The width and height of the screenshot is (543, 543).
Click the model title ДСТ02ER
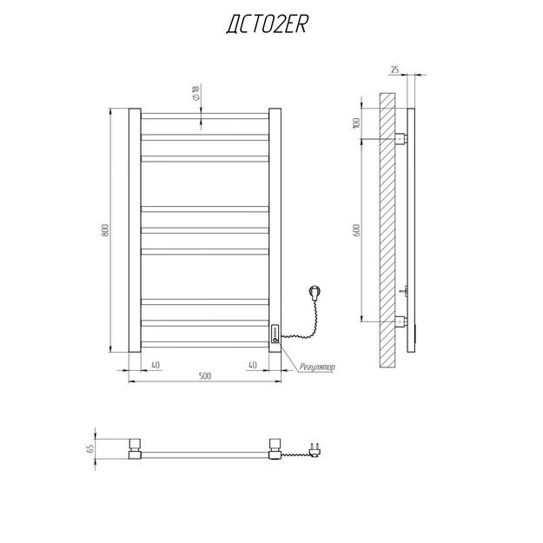(267, 25)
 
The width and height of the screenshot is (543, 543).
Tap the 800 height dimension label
(105, 230)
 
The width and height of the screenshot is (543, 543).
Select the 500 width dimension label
(205, 375)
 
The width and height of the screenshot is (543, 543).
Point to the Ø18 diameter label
(196, 93)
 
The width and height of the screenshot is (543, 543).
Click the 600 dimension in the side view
(357, 230)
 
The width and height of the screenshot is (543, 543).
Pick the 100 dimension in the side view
(356, 123)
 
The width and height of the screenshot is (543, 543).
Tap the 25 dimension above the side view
(394, 70)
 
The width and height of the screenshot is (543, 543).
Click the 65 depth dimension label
(90, 449)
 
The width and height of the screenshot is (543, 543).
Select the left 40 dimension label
(156, 365)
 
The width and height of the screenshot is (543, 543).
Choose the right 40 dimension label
(253, 365)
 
